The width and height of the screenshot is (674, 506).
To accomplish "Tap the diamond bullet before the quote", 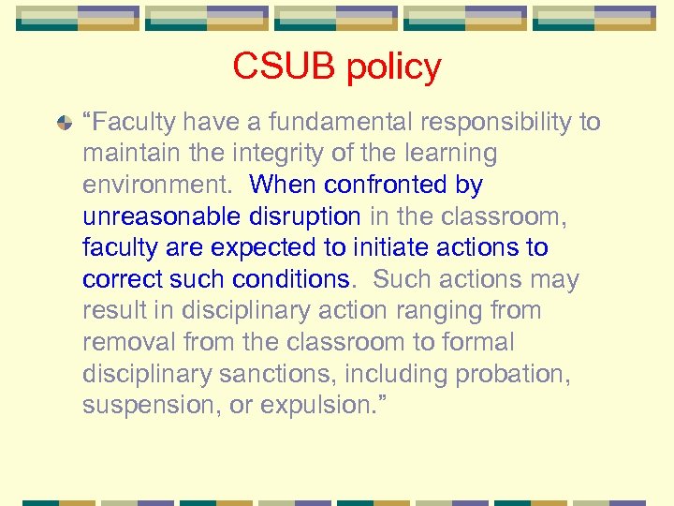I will (63, 123).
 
